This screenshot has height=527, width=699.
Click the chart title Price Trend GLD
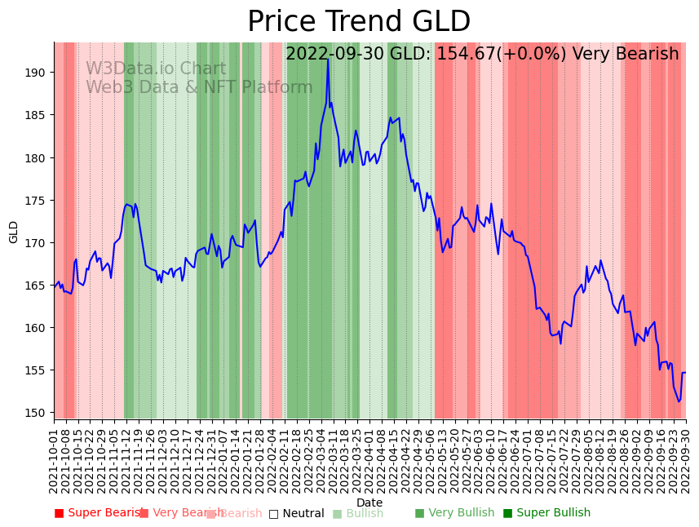(359, 22)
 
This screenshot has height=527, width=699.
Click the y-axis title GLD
(14, 232)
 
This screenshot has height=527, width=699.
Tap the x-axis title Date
(369, 503)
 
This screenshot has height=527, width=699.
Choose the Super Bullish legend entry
(546, 513)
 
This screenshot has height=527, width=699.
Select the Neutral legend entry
(297, 514)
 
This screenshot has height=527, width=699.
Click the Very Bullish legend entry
(454, 513)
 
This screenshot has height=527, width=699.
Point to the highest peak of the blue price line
(328, 59)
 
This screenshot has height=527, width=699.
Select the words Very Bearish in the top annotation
(626, 55)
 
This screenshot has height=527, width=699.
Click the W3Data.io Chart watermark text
(156, 69)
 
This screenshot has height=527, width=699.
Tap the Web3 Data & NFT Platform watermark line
(199, 88)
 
